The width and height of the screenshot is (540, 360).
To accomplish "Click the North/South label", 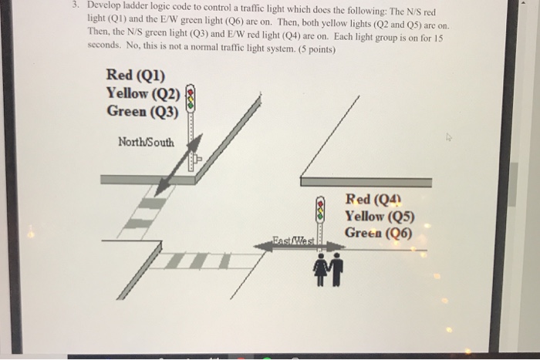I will click(146, 142).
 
